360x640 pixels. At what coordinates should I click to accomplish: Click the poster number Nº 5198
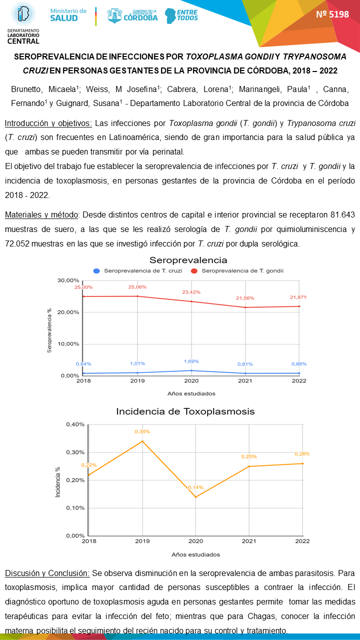pyautogui.click(x=332, y=14)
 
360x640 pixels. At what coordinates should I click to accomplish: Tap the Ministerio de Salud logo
pyautogui.click(x=68, y=14)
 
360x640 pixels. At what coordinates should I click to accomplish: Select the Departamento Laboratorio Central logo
pyautogui.click(x=23, y=22)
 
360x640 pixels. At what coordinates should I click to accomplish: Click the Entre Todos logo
pyautogui.click(x=181, y=15)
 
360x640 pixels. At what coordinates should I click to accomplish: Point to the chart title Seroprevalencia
pyautogui.click(x=188, y=260)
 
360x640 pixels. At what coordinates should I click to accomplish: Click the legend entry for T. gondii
pyautogui.click(x=238, y=270)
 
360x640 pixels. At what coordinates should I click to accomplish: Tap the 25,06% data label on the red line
pyautogui.click(x=137, y=287)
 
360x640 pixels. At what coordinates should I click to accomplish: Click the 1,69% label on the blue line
pyautogui.click(x=191, y=361)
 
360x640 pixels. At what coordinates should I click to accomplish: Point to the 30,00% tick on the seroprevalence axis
pyautogui.click(x=69, y=280)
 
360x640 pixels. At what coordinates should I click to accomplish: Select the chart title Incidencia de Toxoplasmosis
pyautogui.click(x=185, y=411)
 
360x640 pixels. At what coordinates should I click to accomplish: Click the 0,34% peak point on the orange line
pyautogui.click(x=142, y=441)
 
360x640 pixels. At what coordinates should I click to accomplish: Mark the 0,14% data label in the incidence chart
pyautogui.click(x=196, y=487)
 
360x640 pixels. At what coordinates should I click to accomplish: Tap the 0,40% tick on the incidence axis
pyautogui.click(x=75, y=424)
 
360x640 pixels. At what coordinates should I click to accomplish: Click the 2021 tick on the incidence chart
pyautogui.click(x=249, y=541)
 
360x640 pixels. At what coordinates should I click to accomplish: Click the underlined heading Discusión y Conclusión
pyautogui.click(x=47, y=572)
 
